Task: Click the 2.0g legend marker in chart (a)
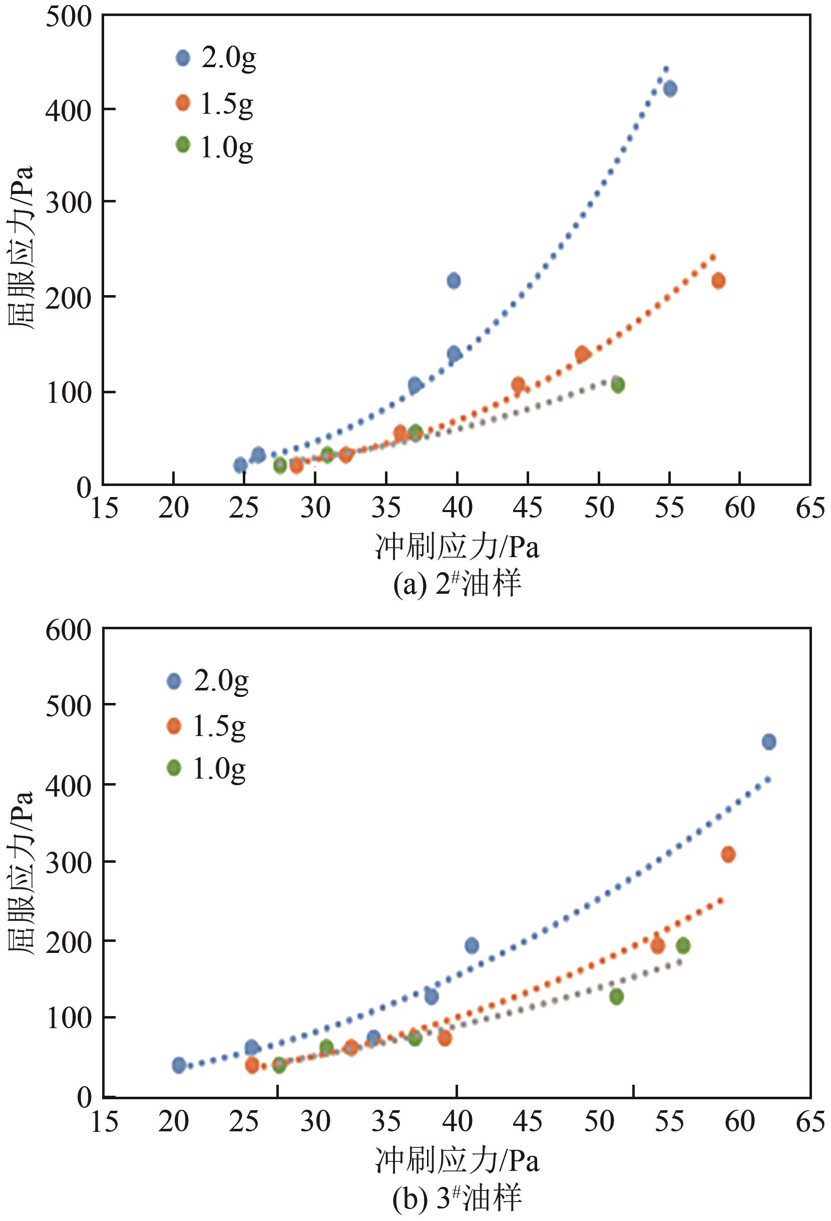[x=183, y=58]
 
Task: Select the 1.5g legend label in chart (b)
[x=219, y=726]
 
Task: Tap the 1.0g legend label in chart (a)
[x=227, y=147]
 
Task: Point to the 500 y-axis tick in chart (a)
[x=68, y=17]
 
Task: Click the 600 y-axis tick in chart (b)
[x=68, y=630]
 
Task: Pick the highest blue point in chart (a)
[x=670, y=89]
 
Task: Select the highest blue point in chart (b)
[x=768, y=742]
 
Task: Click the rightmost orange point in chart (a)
[x=718, y=281]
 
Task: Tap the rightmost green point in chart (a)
[x=617, y=385]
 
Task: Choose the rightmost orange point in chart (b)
[x=728, y=854]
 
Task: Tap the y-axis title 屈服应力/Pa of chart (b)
[x=21, y=872]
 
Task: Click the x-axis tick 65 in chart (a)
[x=810, y=508]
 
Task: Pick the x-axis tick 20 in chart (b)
[x=173, y=1122]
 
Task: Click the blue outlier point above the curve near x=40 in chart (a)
[x=454, y=281]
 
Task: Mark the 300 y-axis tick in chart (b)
[x=68, y=862]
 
